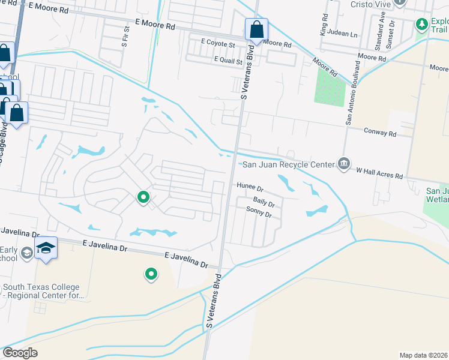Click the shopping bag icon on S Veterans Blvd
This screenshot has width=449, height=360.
click(256, 29)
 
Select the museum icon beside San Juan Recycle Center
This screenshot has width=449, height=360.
click(343, 164)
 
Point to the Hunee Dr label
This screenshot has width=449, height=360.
click(250, 187)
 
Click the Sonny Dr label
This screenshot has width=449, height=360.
click(259, 211)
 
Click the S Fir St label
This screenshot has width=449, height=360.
click(125, 36)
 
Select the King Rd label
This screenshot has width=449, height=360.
click(325, 25)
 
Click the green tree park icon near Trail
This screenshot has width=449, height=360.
click(421, 25)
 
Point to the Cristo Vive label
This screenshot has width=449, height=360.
click(371, 4)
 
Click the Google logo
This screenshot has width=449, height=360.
click(20, 353)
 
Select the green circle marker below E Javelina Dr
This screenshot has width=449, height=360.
click(151, 275)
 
